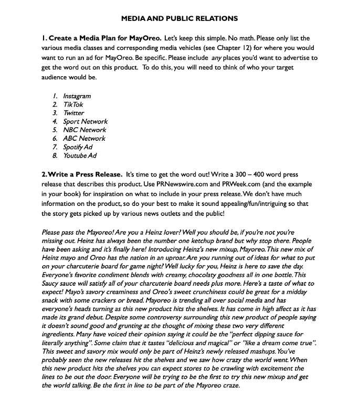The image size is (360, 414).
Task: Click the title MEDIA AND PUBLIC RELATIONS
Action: [x=179, y=18]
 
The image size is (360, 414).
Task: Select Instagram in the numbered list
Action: [x=77, y=96]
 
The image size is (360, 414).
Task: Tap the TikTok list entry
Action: [x=73, y=105]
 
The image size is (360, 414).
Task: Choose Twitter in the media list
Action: [x=73, y=113]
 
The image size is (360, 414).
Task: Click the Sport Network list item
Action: [x=85, y=121]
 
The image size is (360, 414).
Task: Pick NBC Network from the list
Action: [x=84, y=130]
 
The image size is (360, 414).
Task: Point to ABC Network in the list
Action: [x=84, y=138]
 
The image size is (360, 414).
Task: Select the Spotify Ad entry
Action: [x=78, y=147]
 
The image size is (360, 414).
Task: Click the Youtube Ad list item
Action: [x=80, y=156]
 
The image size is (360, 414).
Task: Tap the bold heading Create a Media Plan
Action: [x=104, y=38]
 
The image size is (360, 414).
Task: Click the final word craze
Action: [x=230, y=386]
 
